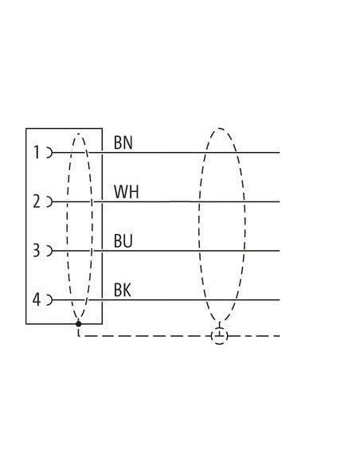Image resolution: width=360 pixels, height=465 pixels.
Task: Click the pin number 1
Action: [x=37, y=152]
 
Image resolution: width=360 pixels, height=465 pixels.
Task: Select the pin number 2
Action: [x=37, y=201]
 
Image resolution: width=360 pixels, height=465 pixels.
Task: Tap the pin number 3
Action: [x=36, y=251]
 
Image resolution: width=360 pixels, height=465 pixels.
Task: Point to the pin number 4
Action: [x=36, y=299]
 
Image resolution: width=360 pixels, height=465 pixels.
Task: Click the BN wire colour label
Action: [x=123, y=143]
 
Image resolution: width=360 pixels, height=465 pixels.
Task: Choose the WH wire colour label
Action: [x=127, y=192]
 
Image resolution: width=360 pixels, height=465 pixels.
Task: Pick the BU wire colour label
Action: [x=123, y=240]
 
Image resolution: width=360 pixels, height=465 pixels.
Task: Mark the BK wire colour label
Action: [x=123, y=290]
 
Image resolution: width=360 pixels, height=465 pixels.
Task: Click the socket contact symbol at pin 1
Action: [x=49, y=153]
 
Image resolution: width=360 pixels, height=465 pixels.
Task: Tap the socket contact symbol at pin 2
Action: [x=49, y=201]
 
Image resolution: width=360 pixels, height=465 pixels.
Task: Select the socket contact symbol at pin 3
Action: [x=49, y=251]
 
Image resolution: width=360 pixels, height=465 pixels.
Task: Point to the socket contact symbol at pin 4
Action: [x=49, y=300]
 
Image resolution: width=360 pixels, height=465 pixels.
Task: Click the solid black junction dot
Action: [x=79, y=324]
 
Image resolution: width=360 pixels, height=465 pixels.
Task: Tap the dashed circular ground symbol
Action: [x=220, y=336]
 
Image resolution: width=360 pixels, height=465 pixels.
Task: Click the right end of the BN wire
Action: [x=280, y=153]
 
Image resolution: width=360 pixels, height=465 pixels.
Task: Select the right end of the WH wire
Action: [x=280, y=201]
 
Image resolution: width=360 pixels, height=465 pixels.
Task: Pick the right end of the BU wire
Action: [x=280, y=251]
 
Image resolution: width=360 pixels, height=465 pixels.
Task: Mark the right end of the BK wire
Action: [x=280, y=300]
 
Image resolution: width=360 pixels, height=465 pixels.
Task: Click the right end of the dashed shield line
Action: [x=280, y=336]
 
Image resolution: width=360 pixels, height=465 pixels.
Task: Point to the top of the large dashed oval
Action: [x=220, y=128]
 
